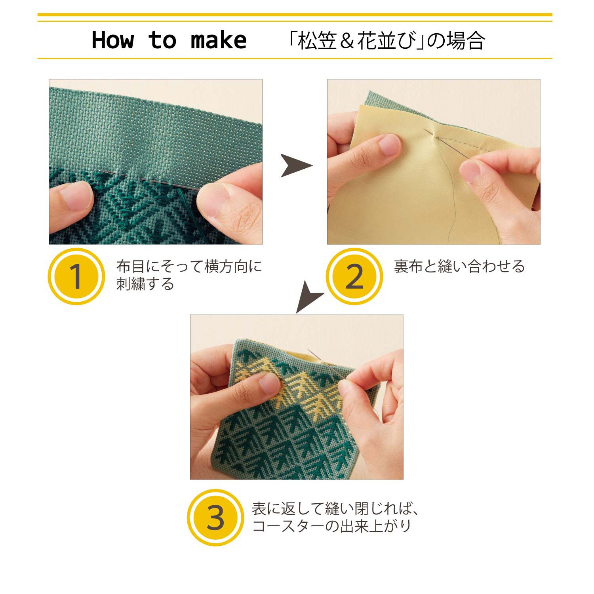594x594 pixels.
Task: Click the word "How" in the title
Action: [x=113, y=40]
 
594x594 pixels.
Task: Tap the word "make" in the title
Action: [x=219, y=40]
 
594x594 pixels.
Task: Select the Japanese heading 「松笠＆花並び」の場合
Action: [x=386, y=41]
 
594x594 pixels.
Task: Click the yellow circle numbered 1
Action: [x=76, y=276]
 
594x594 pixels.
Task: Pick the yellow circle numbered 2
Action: [x=354, y=276]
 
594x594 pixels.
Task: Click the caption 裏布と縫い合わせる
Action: [x=459, y=267]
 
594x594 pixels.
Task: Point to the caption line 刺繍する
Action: [x=145, y=284]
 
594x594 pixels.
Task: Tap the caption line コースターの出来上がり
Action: [x=332, y=526]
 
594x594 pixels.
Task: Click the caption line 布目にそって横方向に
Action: [x=189, y=267]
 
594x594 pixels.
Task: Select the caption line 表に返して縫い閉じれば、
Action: [x=335, y=508]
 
